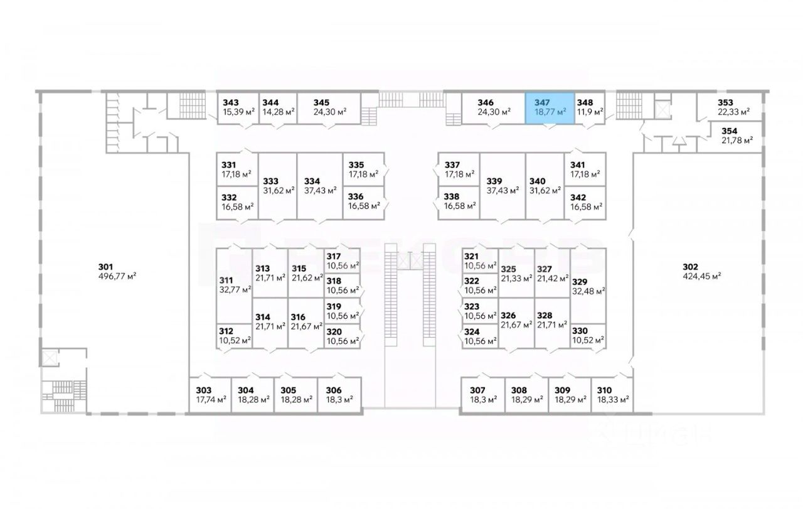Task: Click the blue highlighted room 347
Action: coord(550,109)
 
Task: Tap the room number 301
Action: coord(105,267)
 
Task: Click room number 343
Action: coord(230,102)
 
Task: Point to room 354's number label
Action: coord(730,131)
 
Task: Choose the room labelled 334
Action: coord(320,186)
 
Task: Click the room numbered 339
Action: coord(503,186)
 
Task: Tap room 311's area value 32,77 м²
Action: coord(235,290)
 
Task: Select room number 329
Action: coord(580,282)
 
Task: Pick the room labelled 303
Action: coord(210,395)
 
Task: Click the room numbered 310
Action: coord(612,395)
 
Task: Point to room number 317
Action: coord(333,257)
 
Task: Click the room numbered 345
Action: coord(329,109)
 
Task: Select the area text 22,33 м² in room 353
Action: coord(734,112)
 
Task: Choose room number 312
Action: coord(226,331)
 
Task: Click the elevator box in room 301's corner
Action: coord(50,358)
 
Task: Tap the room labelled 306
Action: coord(339,395)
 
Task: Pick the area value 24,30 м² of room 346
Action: coord(494,112)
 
